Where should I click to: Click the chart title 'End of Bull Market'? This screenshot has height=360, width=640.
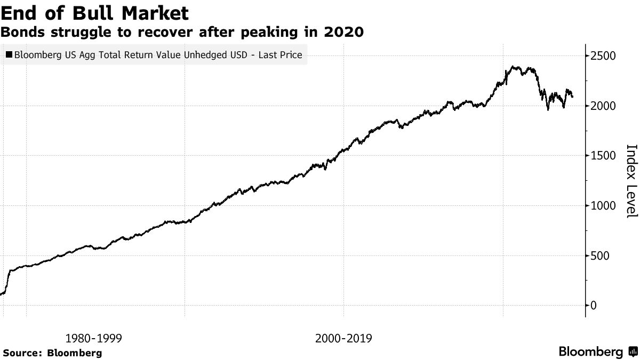tap(95, 12)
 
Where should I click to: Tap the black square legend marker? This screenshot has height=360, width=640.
tap(9, 54)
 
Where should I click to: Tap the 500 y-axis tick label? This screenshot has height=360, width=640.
tap(600, 255)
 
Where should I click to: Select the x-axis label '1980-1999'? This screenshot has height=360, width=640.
tap(93, 338)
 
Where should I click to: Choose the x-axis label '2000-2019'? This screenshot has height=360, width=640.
tap(343, 338)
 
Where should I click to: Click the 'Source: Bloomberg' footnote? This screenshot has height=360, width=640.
tap(52, 353)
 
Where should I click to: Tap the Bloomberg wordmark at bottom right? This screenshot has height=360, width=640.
tap(590, 352)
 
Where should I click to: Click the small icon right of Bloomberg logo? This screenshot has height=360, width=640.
tap(633, 352)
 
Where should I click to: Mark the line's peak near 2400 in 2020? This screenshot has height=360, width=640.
tap(513, 67)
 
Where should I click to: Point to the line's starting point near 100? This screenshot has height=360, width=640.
tap(2, 294)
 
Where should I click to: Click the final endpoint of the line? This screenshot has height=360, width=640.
tap(573, 97)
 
